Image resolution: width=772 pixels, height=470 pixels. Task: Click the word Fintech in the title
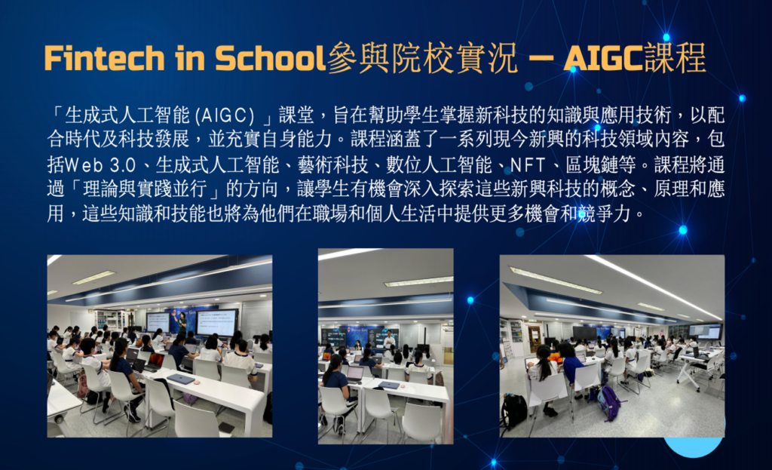104,58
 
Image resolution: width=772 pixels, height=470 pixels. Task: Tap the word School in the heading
271,58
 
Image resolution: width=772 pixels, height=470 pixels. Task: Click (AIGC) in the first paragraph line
225,115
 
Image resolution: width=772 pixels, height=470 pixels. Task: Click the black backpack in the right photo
513,411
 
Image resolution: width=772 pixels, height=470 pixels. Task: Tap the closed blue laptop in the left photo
181,379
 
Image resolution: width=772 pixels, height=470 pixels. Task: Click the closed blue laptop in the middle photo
388,385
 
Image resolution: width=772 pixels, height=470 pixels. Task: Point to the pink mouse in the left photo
197,382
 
